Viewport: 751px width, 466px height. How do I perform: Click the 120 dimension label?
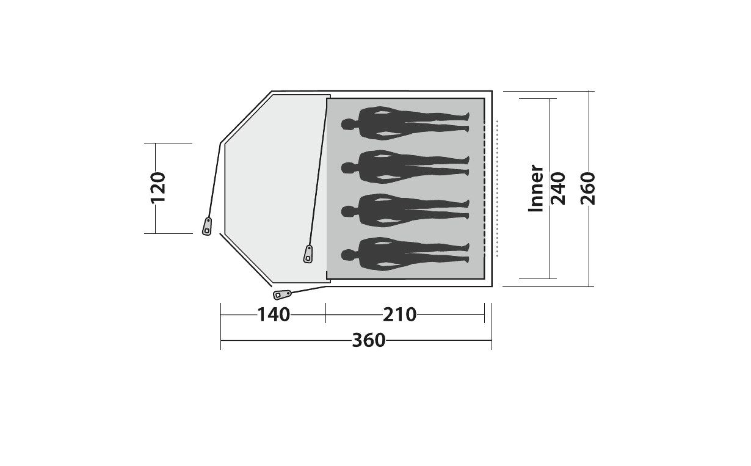coord(158,187)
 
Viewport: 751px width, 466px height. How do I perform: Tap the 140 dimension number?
coord(274,315)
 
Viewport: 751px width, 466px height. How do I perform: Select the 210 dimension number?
coord(399,315)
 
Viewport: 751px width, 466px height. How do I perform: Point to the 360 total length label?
coord(368,340)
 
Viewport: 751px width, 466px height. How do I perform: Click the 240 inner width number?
coord(558,188)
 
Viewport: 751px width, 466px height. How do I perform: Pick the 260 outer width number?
coord(587,188)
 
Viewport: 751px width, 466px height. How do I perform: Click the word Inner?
coord(535,188)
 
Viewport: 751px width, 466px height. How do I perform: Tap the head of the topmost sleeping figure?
coord(349,125)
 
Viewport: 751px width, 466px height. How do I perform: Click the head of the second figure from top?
coord(349,167)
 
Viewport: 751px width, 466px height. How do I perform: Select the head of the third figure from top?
coord(349,211)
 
